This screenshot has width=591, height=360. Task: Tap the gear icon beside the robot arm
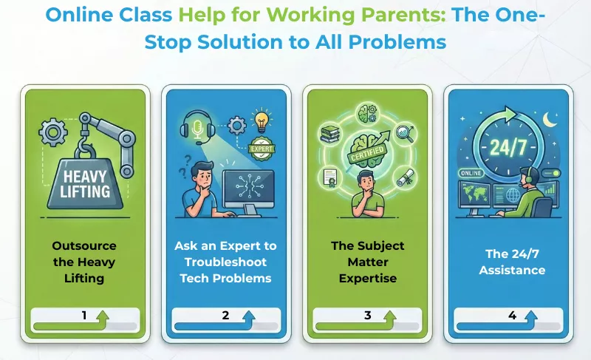coord(51,133)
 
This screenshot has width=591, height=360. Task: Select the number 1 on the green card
coord(84,316)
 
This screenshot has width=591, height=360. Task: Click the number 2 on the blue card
coord(226,316)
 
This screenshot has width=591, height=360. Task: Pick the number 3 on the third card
coord(367,316)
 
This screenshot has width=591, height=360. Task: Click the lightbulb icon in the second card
coord(260,120)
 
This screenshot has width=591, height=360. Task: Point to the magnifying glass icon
coord(403,133)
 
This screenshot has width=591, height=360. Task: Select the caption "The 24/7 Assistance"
coord(512,262)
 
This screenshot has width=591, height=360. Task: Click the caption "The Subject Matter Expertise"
coord(367,262)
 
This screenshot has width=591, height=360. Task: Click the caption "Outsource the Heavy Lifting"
coord(84,262)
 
